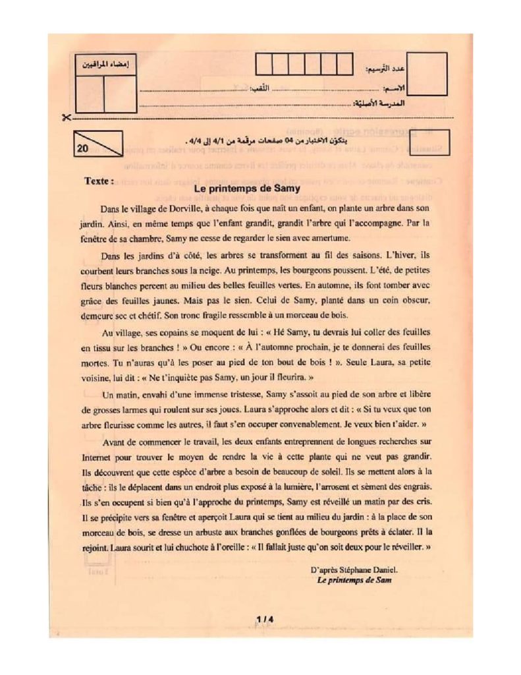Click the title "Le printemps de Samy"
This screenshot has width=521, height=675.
coord(248,188)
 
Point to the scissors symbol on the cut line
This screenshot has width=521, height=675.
coord(64,118)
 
